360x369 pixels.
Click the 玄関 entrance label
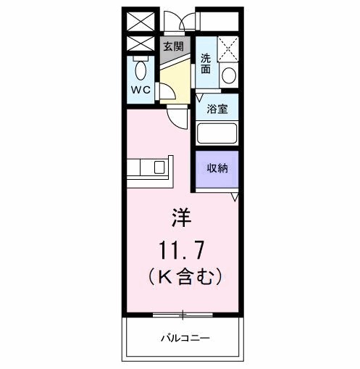tap(173, 46)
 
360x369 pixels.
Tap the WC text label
tap(141, 91)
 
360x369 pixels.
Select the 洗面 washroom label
tap(206, 64)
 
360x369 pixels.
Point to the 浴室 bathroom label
tap(217, 110)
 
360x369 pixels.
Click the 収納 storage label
tap(218, 168)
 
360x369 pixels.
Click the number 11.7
tap(182, 250)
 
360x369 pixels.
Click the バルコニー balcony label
tap(185, 338)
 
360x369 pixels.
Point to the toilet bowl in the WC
tap(141, 71)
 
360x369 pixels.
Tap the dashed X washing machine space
tap(229, 49)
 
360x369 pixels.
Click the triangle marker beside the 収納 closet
tap(235, 196)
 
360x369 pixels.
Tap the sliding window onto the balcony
tap(183, 315)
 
